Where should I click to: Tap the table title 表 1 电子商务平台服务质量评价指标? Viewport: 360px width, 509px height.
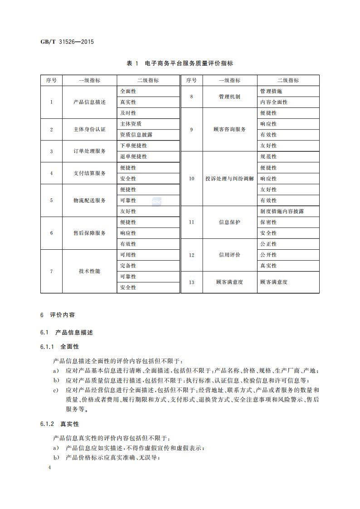click(180, 63)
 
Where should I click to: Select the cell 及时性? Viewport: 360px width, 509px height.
click(128, 113)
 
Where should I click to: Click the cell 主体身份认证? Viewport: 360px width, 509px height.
click(89, 129)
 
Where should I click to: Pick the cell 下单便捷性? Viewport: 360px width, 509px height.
click(134, 145)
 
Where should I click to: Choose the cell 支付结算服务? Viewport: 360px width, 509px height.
click(89, 173)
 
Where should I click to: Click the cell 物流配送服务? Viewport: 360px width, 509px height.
click(89, 200)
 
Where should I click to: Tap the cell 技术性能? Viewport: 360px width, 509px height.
click(89, 271)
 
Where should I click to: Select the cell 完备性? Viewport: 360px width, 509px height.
click(128, 266)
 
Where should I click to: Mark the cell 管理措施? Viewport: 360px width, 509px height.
click(271, 91)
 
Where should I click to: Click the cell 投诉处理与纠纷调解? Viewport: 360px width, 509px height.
click(229, 179)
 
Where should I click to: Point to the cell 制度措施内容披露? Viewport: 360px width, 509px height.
click(282, 211)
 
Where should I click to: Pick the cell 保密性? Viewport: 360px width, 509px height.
click(268, 222)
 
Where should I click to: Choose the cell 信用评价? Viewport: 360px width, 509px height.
click(229, 255)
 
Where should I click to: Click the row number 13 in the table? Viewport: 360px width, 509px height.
click(191, 282)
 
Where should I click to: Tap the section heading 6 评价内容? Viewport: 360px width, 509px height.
click(57, 314)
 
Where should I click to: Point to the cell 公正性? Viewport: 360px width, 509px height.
click(268, 244)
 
